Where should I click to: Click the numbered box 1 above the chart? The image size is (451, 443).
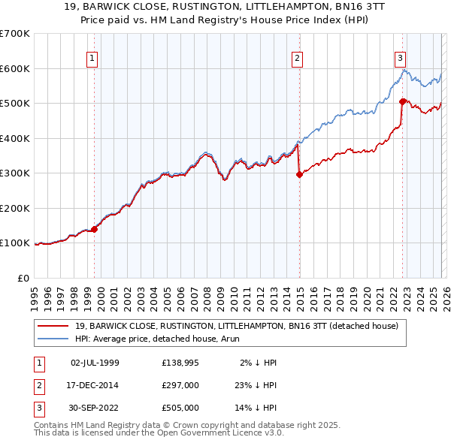(92, 58)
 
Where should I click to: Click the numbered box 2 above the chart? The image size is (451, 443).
(297, 58)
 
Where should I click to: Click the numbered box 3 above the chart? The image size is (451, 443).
(401, 58)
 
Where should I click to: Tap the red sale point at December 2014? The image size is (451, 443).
(299, 174)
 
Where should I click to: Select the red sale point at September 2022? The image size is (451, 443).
(402, 101)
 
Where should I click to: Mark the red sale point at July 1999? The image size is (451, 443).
(95, 229)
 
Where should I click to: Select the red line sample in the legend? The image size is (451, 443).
(54, 326)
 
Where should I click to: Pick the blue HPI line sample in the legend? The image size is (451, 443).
(54, 339)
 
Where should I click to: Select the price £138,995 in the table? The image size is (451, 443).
(180, 362)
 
